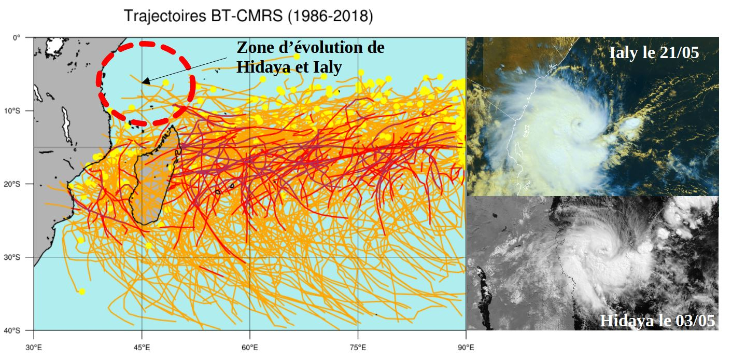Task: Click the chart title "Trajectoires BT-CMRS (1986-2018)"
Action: coord(248,17)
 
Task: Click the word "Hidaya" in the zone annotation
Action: coord(262,67)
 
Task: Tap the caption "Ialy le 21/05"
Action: coord(654,53)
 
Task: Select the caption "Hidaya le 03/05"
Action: coord(657,321)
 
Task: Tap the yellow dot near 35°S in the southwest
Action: coord(82,292)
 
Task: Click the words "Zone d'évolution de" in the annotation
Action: coord(311,48)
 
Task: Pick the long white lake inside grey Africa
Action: coord(66,124)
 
